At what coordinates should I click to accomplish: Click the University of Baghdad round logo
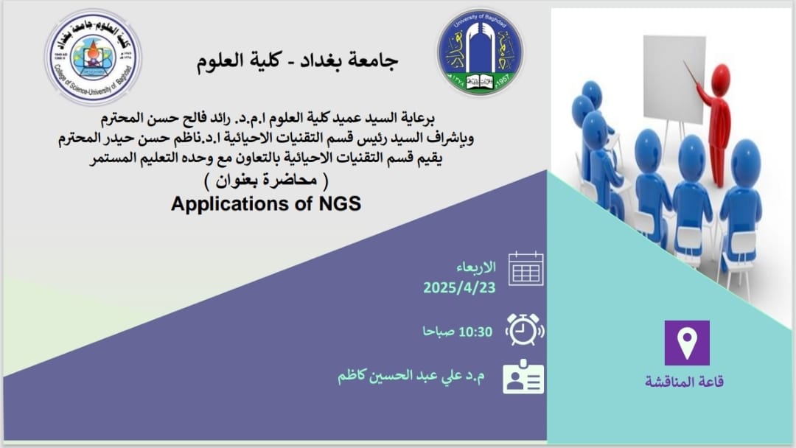click(481, 52)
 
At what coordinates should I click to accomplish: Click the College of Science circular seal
click(93, 57)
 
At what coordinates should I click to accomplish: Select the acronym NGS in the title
click(340, 203)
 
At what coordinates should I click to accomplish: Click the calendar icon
click(526, 268)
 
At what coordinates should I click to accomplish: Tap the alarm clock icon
click(525, 330)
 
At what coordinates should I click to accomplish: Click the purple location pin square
click(687, 343)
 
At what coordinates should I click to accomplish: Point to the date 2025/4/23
click(459, 287)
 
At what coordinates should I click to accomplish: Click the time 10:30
click(475, 332)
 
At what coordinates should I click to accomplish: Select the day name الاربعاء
click(475, 267)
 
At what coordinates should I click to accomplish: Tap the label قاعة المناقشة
click(684, 381)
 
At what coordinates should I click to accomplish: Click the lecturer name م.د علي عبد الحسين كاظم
click(411, 376)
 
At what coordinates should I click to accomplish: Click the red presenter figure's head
click(720, 79)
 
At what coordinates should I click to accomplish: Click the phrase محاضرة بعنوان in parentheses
click(266, 180)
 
